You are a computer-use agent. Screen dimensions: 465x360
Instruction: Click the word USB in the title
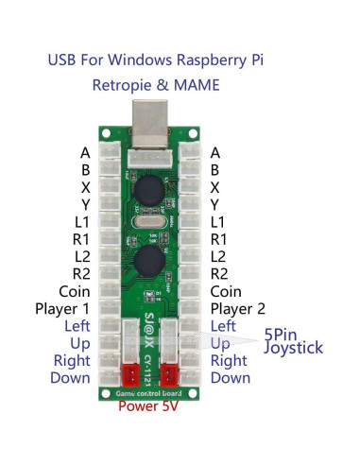coord(65,60)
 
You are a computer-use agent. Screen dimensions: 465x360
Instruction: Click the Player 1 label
coord(62,309)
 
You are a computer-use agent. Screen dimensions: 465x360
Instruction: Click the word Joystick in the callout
coord(293,348)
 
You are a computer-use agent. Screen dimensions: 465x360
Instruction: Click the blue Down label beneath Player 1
coord(71,378)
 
